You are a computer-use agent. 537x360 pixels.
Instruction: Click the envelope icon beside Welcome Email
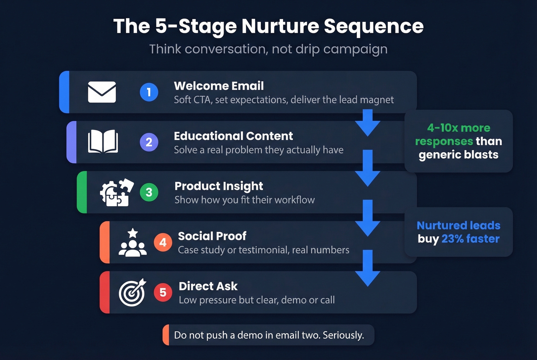[x=102, y=92]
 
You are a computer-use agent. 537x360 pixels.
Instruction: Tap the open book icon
[x=103, y=142]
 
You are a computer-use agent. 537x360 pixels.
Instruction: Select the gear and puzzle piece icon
[x=117, y=192]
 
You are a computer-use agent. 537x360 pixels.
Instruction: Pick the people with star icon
[x=132, y=242]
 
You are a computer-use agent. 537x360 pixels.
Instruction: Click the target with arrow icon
[x=132, y=292]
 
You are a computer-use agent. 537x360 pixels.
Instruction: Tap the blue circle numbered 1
[x=149, y=92]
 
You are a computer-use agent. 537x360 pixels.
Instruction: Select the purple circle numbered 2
[x=149, y=142]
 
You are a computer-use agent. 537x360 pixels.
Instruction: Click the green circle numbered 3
[x=149, y=192]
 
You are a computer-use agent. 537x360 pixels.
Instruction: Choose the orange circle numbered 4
[x=163, y=242]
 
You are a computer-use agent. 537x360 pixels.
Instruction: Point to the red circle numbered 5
[x=163, y=293]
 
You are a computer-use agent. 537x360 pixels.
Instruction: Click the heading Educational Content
[x=233, y=136]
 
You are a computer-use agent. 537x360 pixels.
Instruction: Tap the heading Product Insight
[x=219, y=186]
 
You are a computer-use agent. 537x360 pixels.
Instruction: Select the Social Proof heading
[x=212, y=236]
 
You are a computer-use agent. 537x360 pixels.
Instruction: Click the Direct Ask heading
[x=208, y=286]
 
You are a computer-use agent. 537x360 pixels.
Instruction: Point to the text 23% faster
[x=470, y=239]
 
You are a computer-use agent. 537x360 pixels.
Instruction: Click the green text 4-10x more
[x=458, y=128]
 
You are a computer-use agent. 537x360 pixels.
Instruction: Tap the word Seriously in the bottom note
[x=343, y=335]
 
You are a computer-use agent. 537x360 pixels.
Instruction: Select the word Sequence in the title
[x=374, y=26]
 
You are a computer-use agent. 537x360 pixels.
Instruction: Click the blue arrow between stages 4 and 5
[x=367, y=268]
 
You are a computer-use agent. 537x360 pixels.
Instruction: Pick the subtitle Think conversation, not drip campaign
[x=268, y=49]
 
